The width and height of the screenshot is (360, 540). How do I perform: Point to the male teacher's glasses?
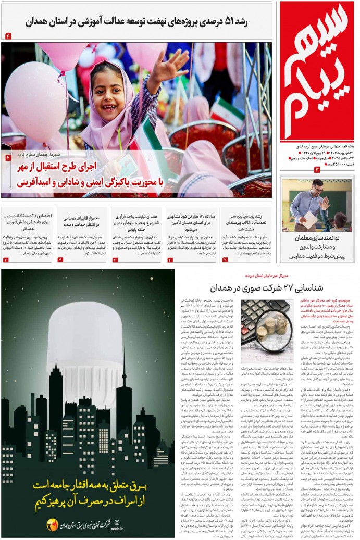click(316, 189)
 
